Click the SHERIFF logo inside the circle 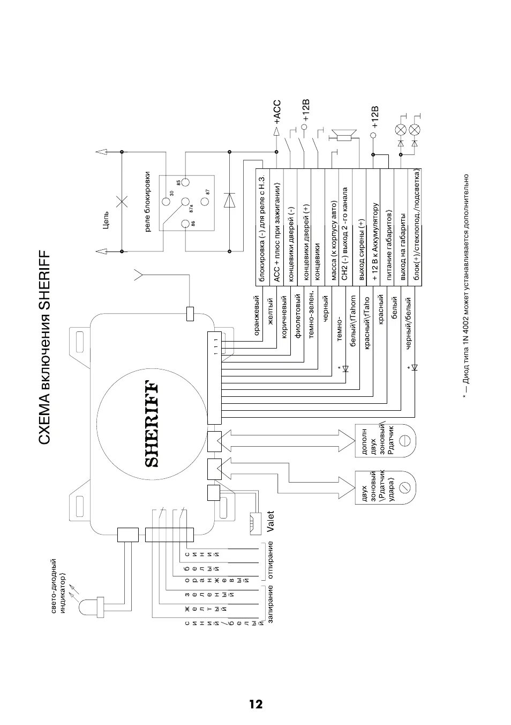(152, 424)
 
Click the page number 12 (255, 704)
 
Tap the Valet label (270, 522)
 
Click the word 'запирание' (270, 603)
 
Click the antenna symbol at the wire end (140, 276)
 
